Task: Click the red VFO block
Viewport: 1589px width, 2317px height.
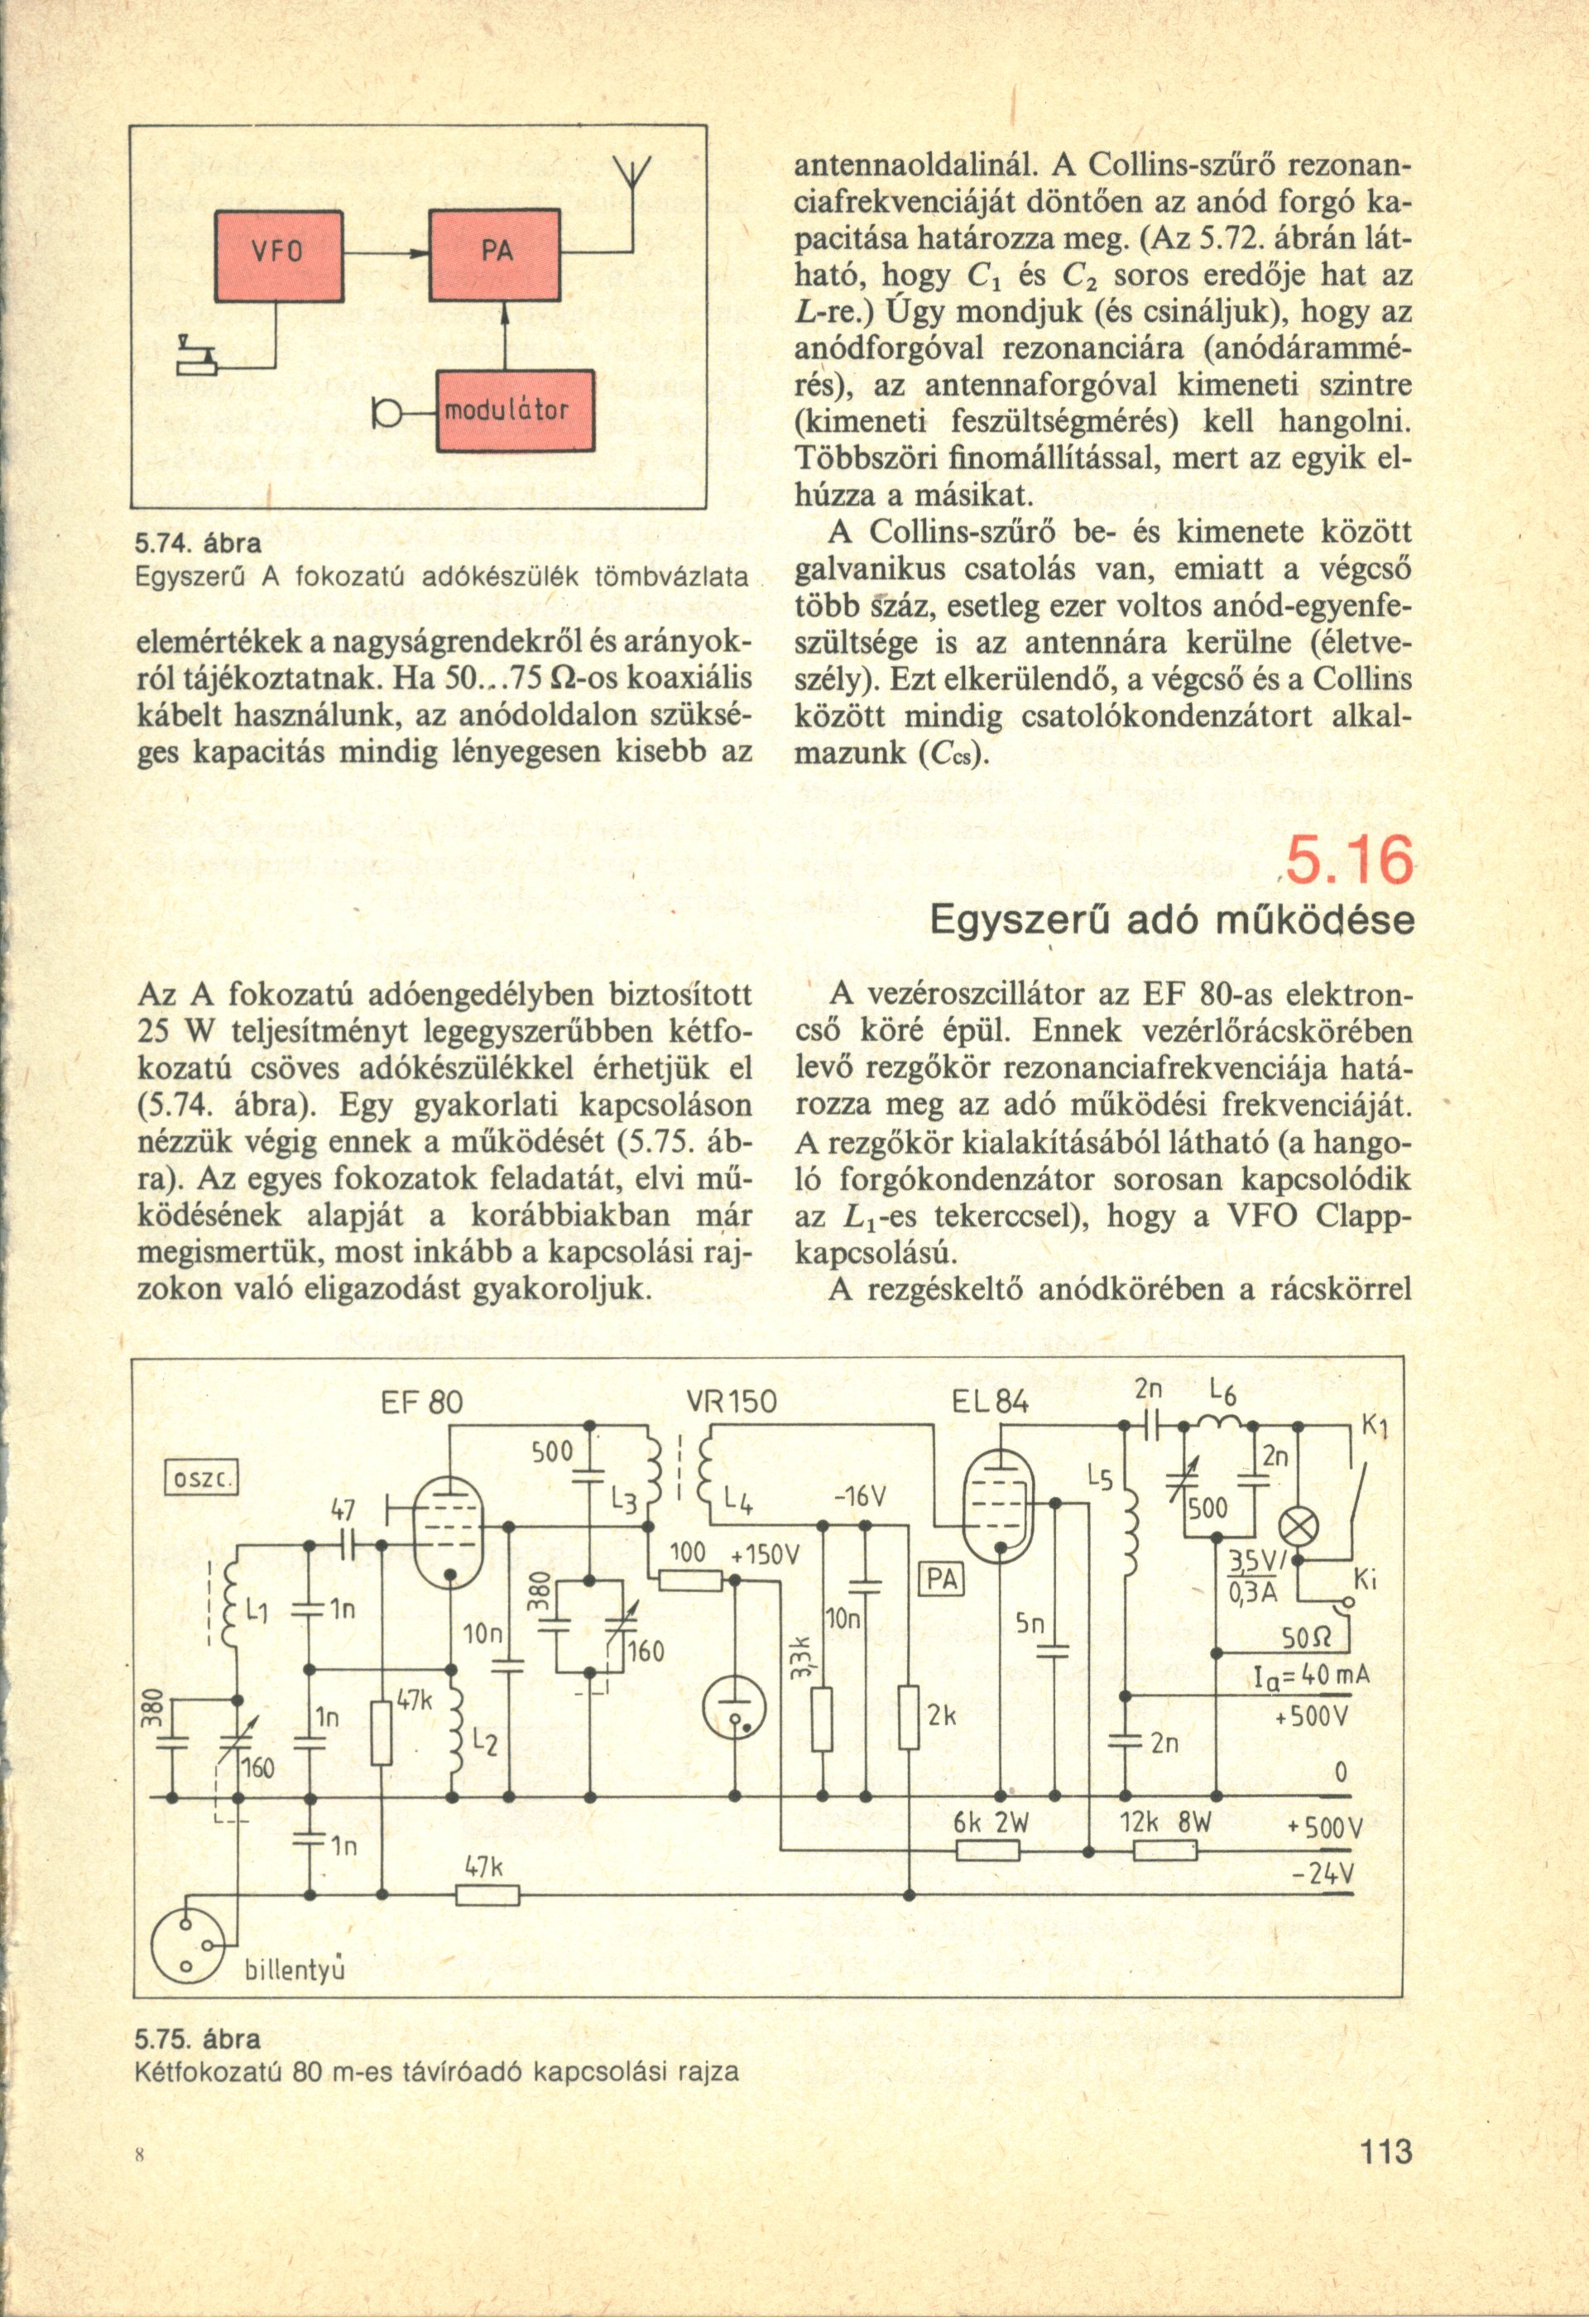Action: (x=279, y=257)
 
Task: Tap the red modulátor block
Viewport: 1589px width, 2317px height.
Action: (x=516, y=410)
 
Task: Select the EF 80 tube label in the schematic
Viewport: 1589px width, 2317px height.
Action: (x=422, y=1403)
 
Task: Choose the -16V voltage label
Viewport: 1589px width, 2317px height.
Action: (x=860, y=1499)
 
